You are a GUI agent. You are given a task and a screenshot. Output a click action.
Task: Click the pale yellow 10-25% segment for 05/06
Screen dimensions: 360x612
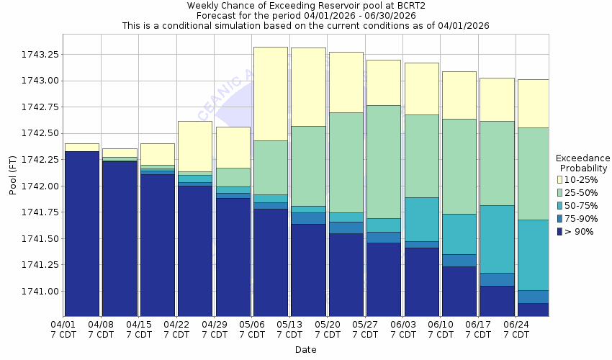pyautogui.click(x=270, y=94)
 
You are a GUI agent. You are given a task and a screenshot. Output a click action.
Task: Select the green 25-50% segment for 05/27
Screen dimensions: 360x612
pyautogui.click(x=384, y=162)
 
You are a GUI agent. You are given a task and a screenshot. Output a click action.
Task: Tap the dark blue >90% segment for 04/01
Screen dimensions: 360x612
pyautogui.click(x=81, y=234)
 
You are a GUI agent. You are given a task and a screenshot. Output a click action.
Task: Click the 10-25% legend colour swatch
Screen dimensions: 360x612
pyautogui.click(x=560, y=179)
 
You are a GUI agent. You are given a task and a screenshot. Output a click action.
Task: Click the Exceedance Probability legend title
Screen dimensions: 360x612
pyautogui.click(x=583, y=163)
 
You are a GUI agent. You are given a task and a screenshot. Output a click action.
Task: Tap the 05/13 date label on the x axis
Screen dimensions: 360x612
pyautogui.click(x=289, y=329)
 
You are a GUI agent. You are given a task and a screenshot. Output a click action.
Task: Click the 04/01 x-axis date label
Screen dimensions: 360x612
pyautogui.click(x=64, y=329)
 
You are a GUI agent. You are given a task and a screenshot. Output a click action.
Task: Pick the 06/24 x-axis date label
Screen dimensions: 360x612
pyautogui.click(x=516, y=329)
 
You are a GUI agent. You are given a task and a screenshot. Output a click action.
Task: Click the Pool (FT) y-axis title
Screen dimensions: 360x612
pyautogui.click(x=12, y=173)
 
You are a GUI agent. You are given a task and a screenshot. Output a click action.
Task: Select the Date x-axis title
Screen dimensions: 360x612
pyautogui.click(x=305, y=350)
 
